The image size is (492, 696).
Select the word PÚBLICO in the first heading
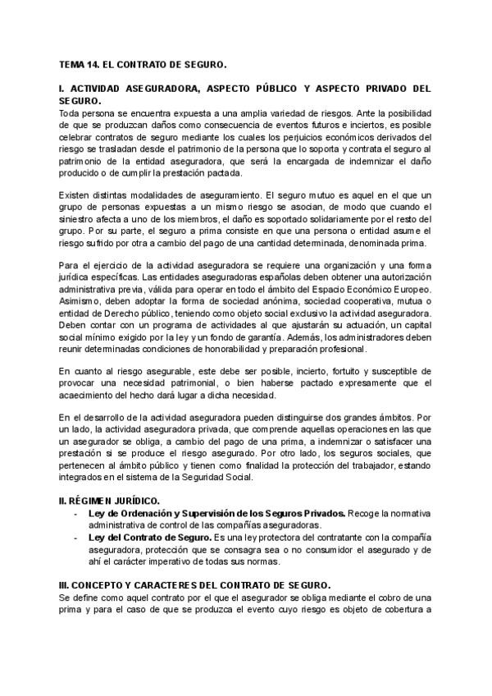tap(274, 88)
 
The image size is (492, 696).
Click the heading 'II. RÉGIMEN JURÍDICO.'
tap(110, 500)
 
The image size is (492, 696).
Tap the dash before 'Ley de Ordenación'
tap(75, 512)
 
